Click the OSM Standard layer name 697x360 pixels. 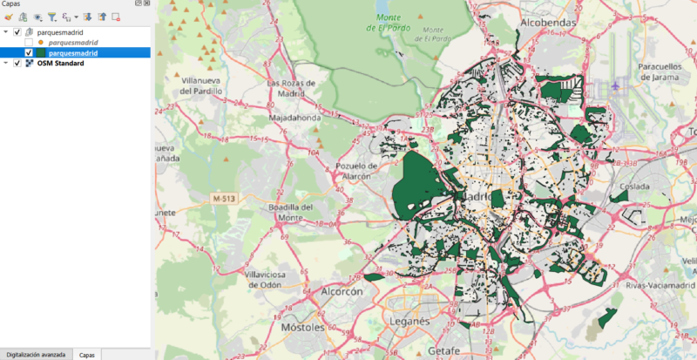click(60, 63)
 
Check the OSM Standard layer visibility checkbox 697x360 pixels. click(17, 63)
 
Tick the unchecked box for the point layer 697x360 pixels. click(30, 42)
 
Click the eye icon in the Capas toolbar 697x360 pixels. click(37, 17)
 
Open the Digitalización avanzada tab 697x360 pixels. click(36, 355)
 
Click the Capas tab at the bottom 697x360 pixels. click(87, 355)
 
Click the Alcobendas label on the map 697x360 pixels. click(550, 22)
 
